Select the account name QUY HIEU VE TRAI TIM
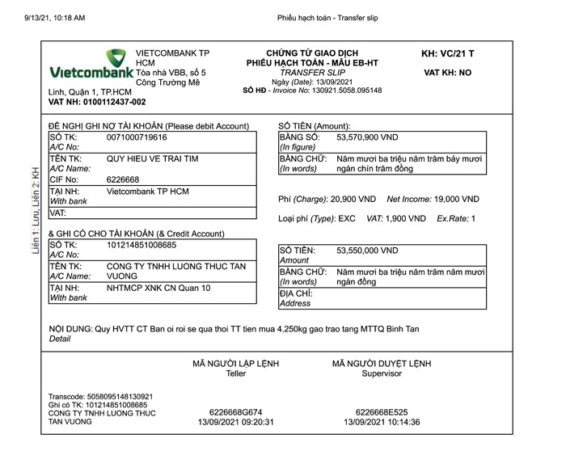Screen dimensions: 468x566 click(152, 159)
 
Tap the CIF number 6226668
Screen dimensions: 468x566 click(123, 179)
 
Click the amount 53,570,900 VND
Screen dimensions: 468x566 click(367, 138)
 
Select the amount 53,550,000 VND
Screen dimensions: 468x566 click(367, 251)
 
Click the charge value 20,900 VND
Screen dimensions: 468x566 click(353, 199)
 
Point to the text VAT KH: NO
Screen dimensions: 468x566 click(447, 73)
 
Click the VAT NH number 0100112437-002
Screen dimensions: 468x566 click(97, 103)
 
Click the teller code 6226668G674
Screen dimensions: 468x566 click(235, 411)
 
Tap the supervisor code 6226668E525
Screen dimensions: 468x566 click(382, 411)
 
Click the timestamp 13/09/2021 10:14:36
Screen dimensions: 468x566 click(382, 422)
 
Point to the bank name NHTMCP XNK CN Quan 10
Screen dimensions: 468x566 click(158, 288)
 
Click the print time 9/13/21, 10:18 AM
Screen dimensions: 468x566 click(54, 17)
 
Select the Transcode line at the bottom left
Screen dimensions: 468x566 click(101, 397)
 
